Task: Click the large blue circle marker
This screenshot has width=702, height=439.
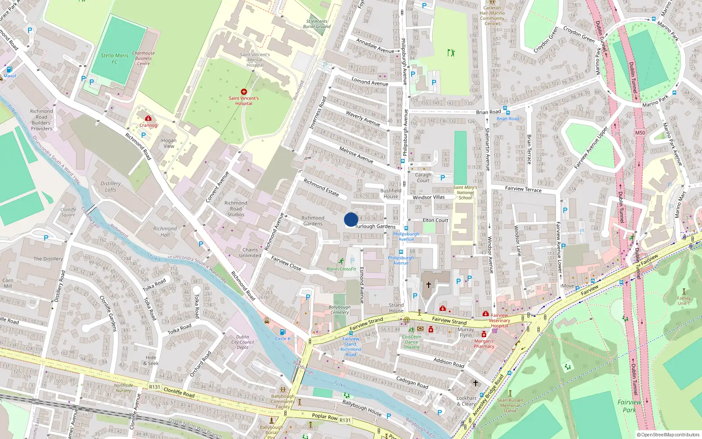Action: (x=351, y=219)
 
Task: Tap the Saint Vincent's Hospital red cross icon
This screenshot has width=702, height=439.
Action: (x=244, y=92)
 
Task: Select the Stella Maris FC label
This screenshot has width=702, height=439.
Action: (x=115, y=58)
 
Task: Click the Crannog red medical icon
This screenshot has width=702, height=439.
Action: (x=148, y=119)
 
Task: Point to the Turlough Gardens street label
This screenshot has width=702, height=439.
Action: (x=375, y=227)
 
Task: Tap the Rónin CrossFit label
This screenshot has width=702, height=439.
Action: (x=341, y=269)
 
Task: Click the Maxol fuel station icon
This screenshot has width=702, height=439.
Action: (x=9, y=69)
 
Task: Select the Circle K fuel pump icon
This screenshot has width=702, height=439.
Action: (x=283, y=332)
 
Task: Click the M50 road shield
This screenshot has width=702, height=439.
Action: (x=640, y=133)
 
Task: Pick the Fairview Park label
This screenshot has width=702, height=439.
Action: (x=629, y=406)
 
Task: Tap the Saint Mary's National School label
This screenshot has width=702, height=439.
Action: (x=465, y=193)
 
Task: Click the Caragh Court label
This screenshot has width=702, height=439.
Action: (x=423, y=177)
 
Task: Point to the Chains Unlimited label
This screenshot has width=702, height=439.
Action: (x=250, y=252)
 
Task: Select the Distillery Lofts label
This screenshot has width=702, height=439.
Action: (x=111, y=187)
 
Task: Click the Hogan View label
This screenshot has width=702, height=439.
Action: (x=169, y=143)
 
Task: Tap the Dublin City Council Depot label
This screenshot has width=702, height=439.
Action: (x=243, y=342)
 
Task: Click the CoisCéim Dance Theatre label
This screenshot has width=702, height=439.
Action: (x=412, y=342)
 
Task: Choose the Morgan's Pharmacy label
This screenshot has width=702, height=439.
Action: (x=484, y=343)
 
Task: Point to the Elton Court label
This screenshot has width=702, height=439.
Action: (x=435, y=220)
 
